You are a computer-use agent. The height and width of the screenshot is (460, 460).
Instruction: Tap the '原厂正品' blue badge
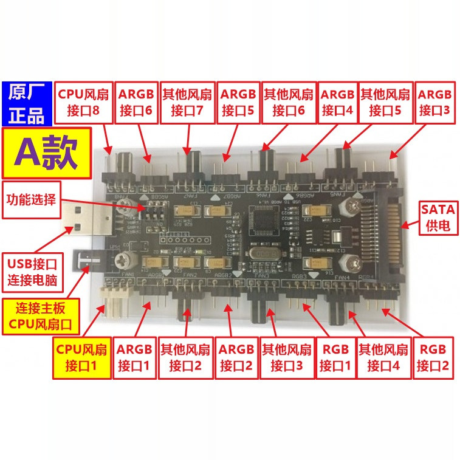click(x=27, y=102)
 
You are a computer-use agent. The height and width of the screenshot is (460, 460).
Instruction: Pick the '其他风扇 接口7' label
click(x=187, y=102)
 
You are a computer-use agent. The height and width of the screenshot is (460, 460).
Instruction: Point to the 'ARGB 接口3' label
click(x=435, y=102)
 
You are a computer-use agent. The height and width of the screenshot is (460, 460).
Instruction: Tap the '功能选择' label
click(x=31, y=199)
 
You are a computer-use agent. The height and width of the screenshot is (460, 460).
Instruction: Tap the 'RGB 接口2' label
click(x=433, y=358)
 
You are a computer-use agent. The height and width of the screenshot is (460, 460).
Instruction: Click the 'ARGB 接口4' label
click(x=337, y=102)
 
